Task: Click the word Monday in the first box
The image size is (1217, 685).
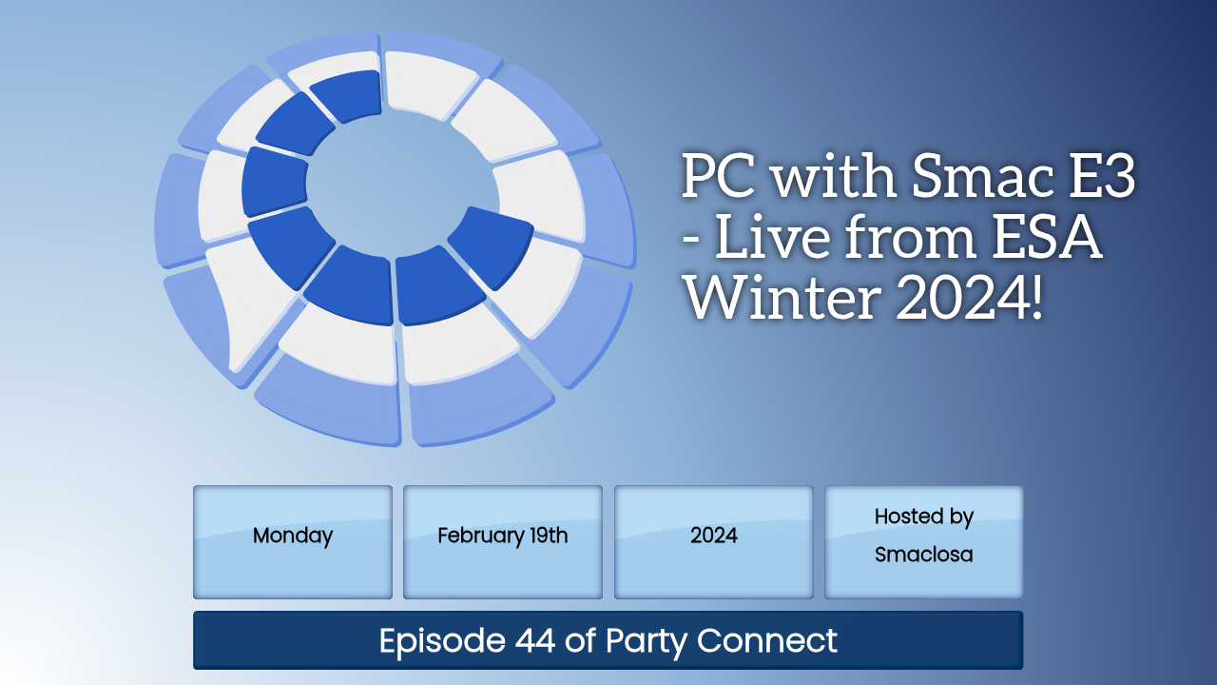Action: [x=292, y=536]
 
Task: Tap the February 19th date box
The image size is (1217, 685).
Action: [x=503, y=542]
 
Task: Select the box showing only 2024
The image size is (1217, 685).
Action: [x=713, y=542]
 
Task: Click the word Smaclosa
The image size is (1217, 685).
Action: [x=923, y=555]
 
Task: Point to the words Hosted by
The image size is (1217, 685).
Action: [x=923, y=517]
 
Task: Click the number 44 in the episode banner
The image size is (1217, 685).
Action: [x=535, y=640]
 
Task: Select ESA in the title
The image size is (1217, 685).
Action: [x=1047, y=237]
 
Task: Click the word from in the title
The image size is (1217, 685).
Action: [x=912, y=237]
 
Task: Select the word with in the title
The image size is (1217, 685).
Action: [x=834, y=176]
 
